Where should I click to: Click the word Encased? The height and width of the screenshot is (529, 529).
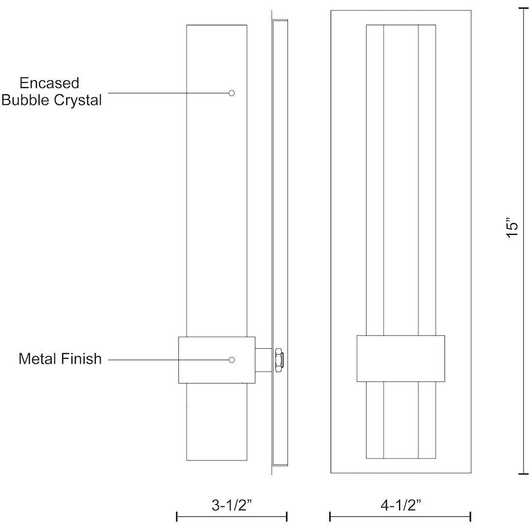pyautogui.click(x=49, y=83)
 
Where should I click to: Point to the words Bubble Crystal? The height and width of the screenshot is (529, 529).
pyautogui.click(x=52, y=100)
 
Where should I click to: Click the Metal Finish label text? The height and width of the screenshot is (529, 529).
pyautogui.click(x=60, y=359)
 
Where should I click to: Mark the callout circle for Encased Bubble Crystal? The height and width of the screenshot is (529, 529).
pyautogui.click(x=232, y=93)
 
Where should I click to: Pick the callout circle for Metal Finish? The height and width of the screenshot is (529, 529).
pyautogui.click(x=232, y=360)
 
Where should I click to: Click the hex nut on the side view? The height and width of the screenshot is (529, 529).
pyautogui.click(x=279, y=360)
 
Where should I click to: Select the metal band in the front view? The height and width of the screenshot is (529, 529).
pyautogui.click(x=401, y=358)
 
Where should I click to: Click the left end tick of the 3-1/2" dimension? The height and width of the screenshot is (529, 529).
pyautogui.click(x=177, y=516)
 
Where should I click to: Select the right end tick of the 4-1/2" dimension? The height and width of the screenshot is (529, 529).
pyautogui.click(x=470, y=516)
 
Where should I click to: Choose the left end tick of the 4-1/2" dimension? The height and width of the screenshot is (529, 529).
pyautogui.click(x=330, y=516)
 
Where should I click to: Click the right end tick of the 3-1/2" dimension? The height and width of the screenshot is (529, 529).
pyautogui.click(x=286, y=516)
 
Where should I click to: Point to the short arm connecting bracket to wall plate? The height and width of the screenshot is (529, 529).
pyautogui.click(x=264, y=360)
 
